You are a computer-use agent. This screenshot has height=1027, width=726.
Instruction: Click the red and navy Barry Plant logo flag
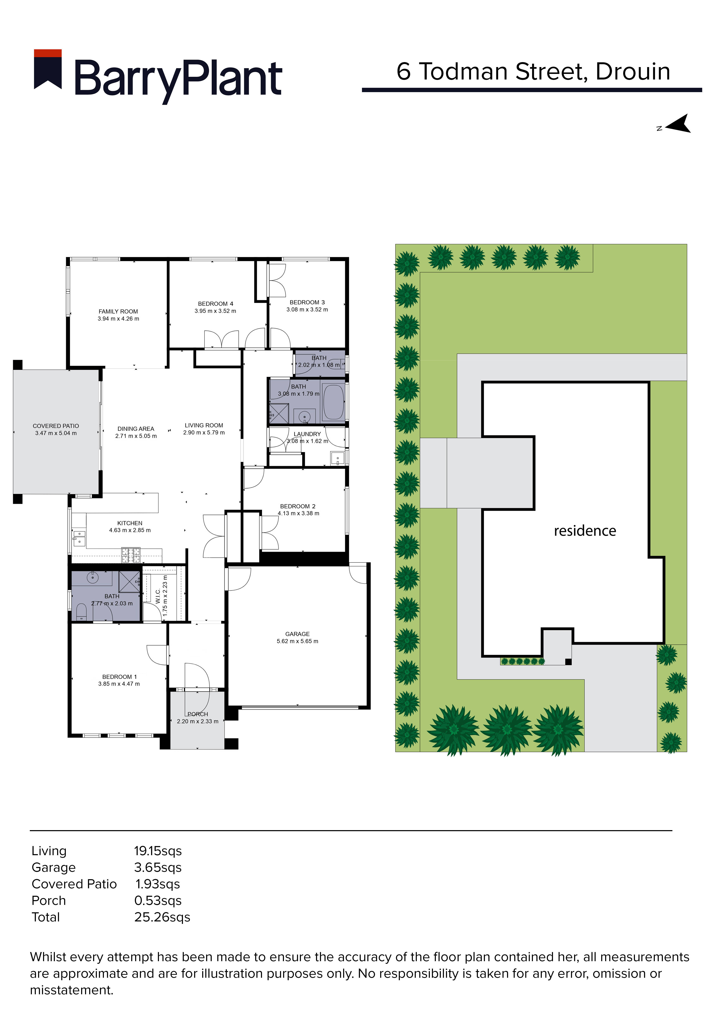pyautogui.click(x=48, y=69)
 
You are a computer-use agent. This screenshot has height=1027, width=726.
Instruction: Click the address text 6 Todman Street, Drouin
pyautogui.click(x=533, y=72)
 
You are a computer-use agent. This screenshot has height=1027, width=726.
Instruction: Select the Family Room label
pyautogui.click(x=118, y=311)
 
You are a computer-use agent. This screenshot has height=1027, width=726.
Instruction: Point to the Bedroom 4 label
pyautogui.click(x=215, y=304)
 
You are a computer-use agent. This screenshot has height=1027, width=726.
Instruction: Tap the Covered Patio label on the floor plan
pyautogui.click(x=56, y=426)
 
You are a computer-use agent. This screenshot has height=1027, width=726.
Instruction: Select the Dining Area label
pyautogui.click(x=136, y=429)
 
